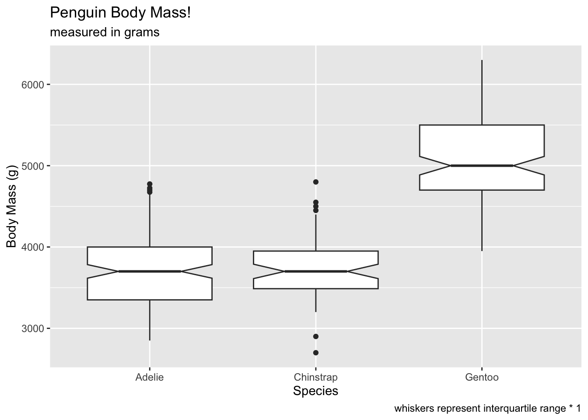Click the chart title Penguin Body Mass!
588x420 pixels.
[x=120, y=13]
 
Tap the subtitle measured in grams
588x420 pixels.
[x=105, y=32]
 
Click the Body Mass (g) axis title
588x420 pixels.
[x=11, y=206]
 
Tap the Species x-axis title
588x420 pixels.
[x=315, y=391]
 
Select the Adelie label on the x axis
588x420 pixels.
[x=149, y=378]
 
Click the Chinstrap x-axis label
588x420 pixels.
[x=315, y=378]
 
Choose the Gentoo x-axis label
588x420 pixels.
[x=482, y=378]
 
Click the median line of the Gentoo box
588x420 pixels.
[x=482, y=166]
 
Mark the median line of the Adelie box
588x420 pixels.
[x=150, y=271]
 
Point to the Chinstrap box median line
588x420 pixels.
[x=315, y=271]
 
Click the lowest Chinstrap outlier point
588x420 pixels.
[x=316, y=353]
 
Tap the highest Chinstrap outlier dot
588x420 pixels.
[x=316, y=182]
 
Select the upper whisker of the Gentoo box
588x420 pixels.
[x=482, y=92]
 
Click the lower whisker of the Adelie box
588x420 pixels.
[x=150, y=320]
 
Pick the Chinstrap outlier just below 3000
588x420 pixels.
[x=316, y=336]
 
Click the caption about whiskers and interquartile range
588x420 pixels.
[x=487, y=409]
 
